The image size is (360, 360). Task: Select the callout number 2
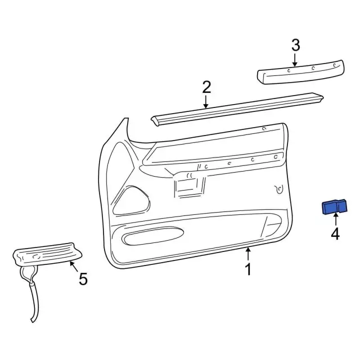206,87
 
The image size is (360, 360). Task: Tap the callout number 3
296,45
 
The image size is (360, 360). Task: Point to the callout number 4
335,234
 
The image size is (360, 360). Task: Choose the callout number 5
83,279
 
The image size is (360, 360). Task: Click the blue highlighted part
335,206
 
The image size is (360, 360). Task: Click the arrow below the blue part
336,219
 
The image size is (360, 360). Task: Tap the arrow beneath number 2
206,102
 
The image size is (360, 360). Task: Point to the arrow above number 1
248,254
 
